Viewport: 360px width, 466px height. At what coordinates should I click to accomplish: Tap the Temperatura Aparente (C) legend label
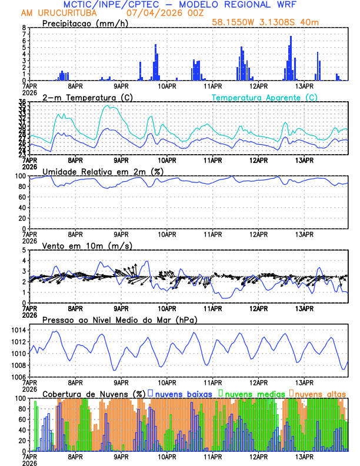click(264, 97)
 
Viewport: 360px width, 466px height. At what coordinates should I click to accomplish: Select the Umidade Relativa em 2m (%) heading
click(103, 171)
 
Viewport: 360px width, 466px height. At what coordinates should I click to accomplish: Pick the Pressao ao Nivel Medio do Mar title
click(119, 319)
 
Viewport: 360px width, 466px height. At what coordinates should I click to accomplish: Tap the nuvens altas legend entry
click(319, 393)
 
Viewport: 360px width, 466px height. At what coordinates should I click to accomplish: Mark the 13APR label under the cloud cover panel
click(304, 457)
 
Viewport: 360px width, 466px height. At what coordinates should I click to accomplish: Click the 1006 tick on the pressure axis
click(17, 377)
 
